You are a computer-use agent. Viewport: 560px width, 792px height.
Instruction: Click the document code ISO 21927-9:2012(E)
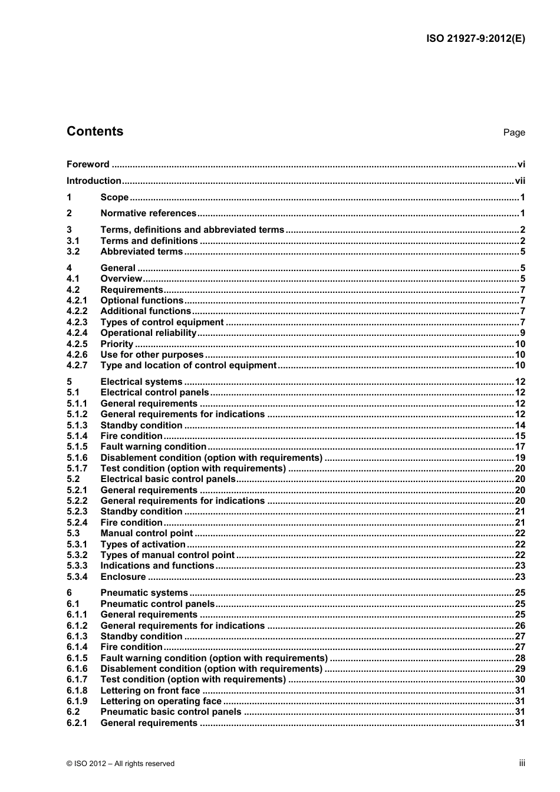click(x=475, y=39)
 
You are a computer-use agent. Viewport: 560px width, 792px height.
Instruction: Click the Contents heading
click(x=95, y=131)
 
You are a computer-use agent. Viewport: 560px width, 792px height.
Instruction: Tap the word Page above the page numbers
click(x=513, y=133)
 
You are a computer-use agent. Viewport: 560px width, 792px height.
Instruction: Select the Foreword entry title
click(x=88, y=164)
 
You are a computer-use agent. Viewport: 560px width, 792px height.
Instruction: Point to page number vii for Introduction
click(x=519, y=181)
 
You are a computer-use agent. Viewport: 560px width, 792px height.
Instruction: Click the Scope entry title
click(x=114, y=197)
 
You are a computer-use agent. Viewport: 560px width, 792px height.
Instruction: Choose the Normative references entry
click(x=148, y=213)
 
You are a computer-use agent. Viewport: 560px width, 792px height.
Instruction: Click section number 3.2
click(x=73, y=252)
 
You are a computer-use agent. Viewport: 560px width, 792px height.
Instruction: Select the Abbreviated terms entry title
click(x=141, y=252)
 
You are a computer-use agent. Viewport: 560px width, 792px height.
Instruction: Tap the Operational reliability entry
click(x=148, y=333)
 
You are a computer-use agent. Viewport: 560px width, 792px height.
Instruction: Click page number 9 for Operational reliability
click(x=522, y=333)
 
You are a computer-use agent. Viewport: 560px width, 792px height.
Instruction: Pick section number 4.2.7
click(x=77, y=365)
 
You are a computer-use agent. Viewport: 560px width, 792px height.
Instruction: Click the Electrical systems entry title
click(x=141, y=382)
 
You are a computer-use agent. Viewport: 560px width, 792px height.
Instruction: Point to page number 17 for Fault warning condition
click(x=519, y=447)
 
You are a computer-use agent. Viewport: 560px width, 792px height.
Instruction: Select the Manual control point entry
click(x=147, y=533)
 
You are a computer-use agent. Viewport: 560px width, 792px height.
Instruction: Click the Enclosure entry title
click(x=123, y=577)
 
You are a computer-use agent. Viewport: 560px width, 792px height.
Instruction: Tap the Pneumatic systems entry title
click(x=144, y=593)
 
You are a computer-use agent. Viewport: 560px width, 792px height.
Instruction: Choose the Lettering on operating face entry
click(x=161, y=701)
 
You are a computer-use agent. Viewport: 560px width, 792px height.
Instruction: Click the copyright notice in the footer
click(x=121, y=764)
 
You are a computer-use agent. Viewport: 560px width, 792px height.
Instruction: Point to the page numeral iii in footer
click(x=522, y=763)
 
